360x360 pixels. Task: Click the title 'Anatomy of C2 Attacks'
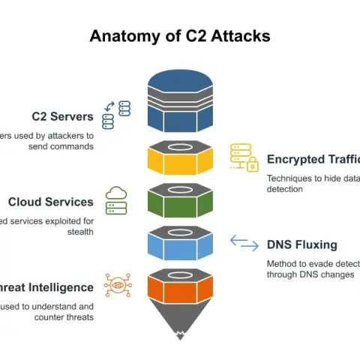coord(180,35)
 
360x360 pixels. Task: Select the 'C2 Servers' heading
coord(62,116)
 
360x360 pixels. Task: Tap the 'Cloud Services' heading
coord(51,202)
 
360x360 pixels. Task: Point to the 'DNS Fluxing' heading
coord(301,244)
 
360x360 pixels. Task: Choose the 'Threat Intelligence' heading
coord(49,287)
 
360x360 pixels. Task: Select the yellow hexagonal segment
coord(180,159)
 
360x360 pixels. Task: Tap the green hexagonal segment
coord(180,200)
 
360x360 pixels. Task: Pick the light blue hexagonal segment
coord(180,243)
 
